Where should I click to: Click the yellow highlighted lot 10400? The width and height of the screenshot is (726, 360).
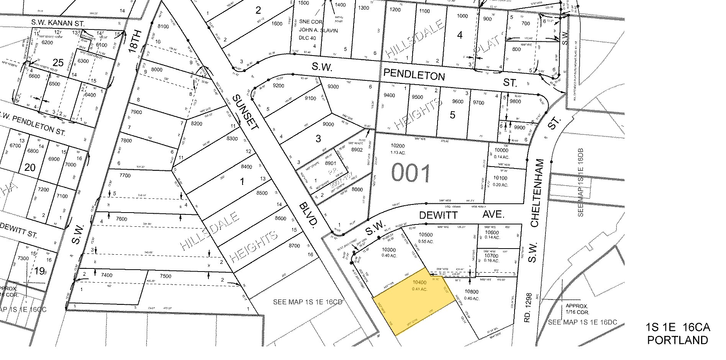(x=414, y=303)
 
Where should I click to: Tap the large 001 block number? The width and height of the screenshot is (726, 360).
(x=410, y=173)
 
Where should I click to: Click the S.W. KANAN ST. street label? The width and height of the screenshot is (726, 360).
(x=58, y=24)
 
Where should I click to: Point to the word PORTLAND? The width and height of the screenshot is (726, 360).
(x=677, y=340)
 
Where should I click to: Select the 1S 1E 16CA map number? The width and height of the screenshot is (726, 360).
(x=677, y=327)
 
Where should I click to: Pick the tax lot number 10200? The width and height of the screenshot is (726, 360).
(x=397, y=146)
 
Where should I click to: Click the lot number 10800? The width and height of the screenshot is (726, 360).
(x=471, y=292)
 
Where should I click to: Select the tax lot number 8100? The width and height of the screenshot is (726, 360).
(x=163, y=26)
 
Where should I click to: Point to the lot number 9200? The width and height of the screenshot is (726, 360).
(x=278, y=86)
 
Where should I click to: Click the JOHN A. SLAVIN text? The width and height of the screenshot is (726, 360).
(x=318, y=30)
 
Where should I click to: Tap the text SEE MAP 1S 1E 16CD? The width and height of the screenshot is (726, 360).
(x=307, y=302)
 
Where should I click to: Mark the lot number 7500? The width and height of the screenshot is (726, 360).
(x=166, y=276)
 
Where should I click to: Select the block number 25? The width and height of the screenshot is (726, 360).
(x=58, y=62)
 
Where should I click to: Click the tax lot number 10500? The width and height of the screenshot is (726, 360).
(x=425, y=235)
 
